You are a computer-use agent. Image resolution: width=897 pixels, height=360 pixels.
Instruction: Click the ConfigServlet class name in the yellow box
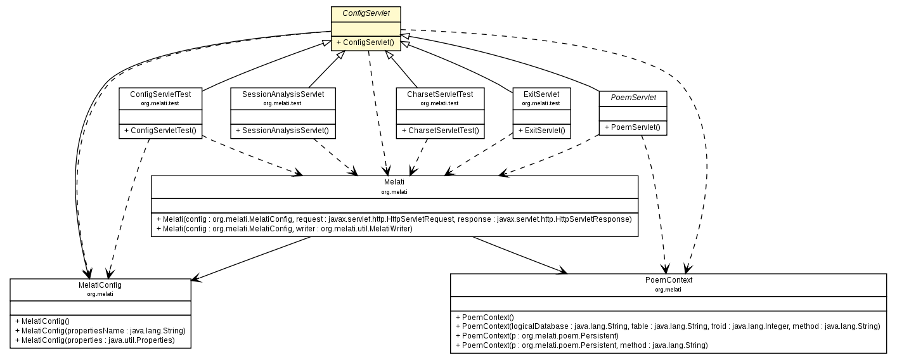pos(366,13)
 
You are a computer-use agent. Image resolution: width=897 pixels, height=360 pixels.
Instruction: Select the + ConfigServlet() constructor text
pos(366,42)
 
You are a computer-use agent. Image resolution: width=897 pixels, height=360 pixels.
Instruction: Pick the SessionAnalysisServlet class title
pos(282,94)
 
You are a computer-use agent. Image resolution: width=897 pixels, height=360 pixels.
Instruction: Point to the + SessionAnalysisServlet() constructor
pos(282,131)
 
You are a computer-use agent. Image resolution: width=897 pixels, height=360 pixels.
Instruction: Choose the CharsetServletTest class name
pos(439,94)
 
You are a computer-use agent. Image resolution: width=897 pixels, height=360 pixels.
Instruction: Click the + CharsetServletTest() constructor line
pos(439,131)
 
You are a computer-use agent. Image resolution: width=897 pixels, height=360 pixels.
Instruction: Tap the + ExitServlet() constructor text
pos(541,131)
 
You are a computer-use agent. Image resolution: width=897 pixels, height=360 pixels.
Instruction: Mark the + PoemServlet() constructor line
pos(632,127)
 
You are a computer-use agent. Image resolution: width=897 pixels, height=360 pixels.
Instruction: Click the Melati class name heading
pos(394,182)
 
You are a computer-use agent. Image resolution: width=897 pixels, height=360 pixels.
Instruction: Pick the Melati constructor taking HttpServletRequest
pos(394,219)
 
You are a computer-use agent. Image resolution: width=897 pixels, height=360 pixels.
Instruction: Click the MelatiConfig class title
pos(100,285)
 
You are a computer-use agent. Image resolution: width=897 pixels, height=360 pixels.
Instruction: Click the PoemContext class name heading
pos(668,280)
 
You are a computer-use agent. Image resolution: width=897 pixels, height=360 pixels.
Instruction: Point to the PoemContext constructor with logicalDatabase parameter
pos(668,326)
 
